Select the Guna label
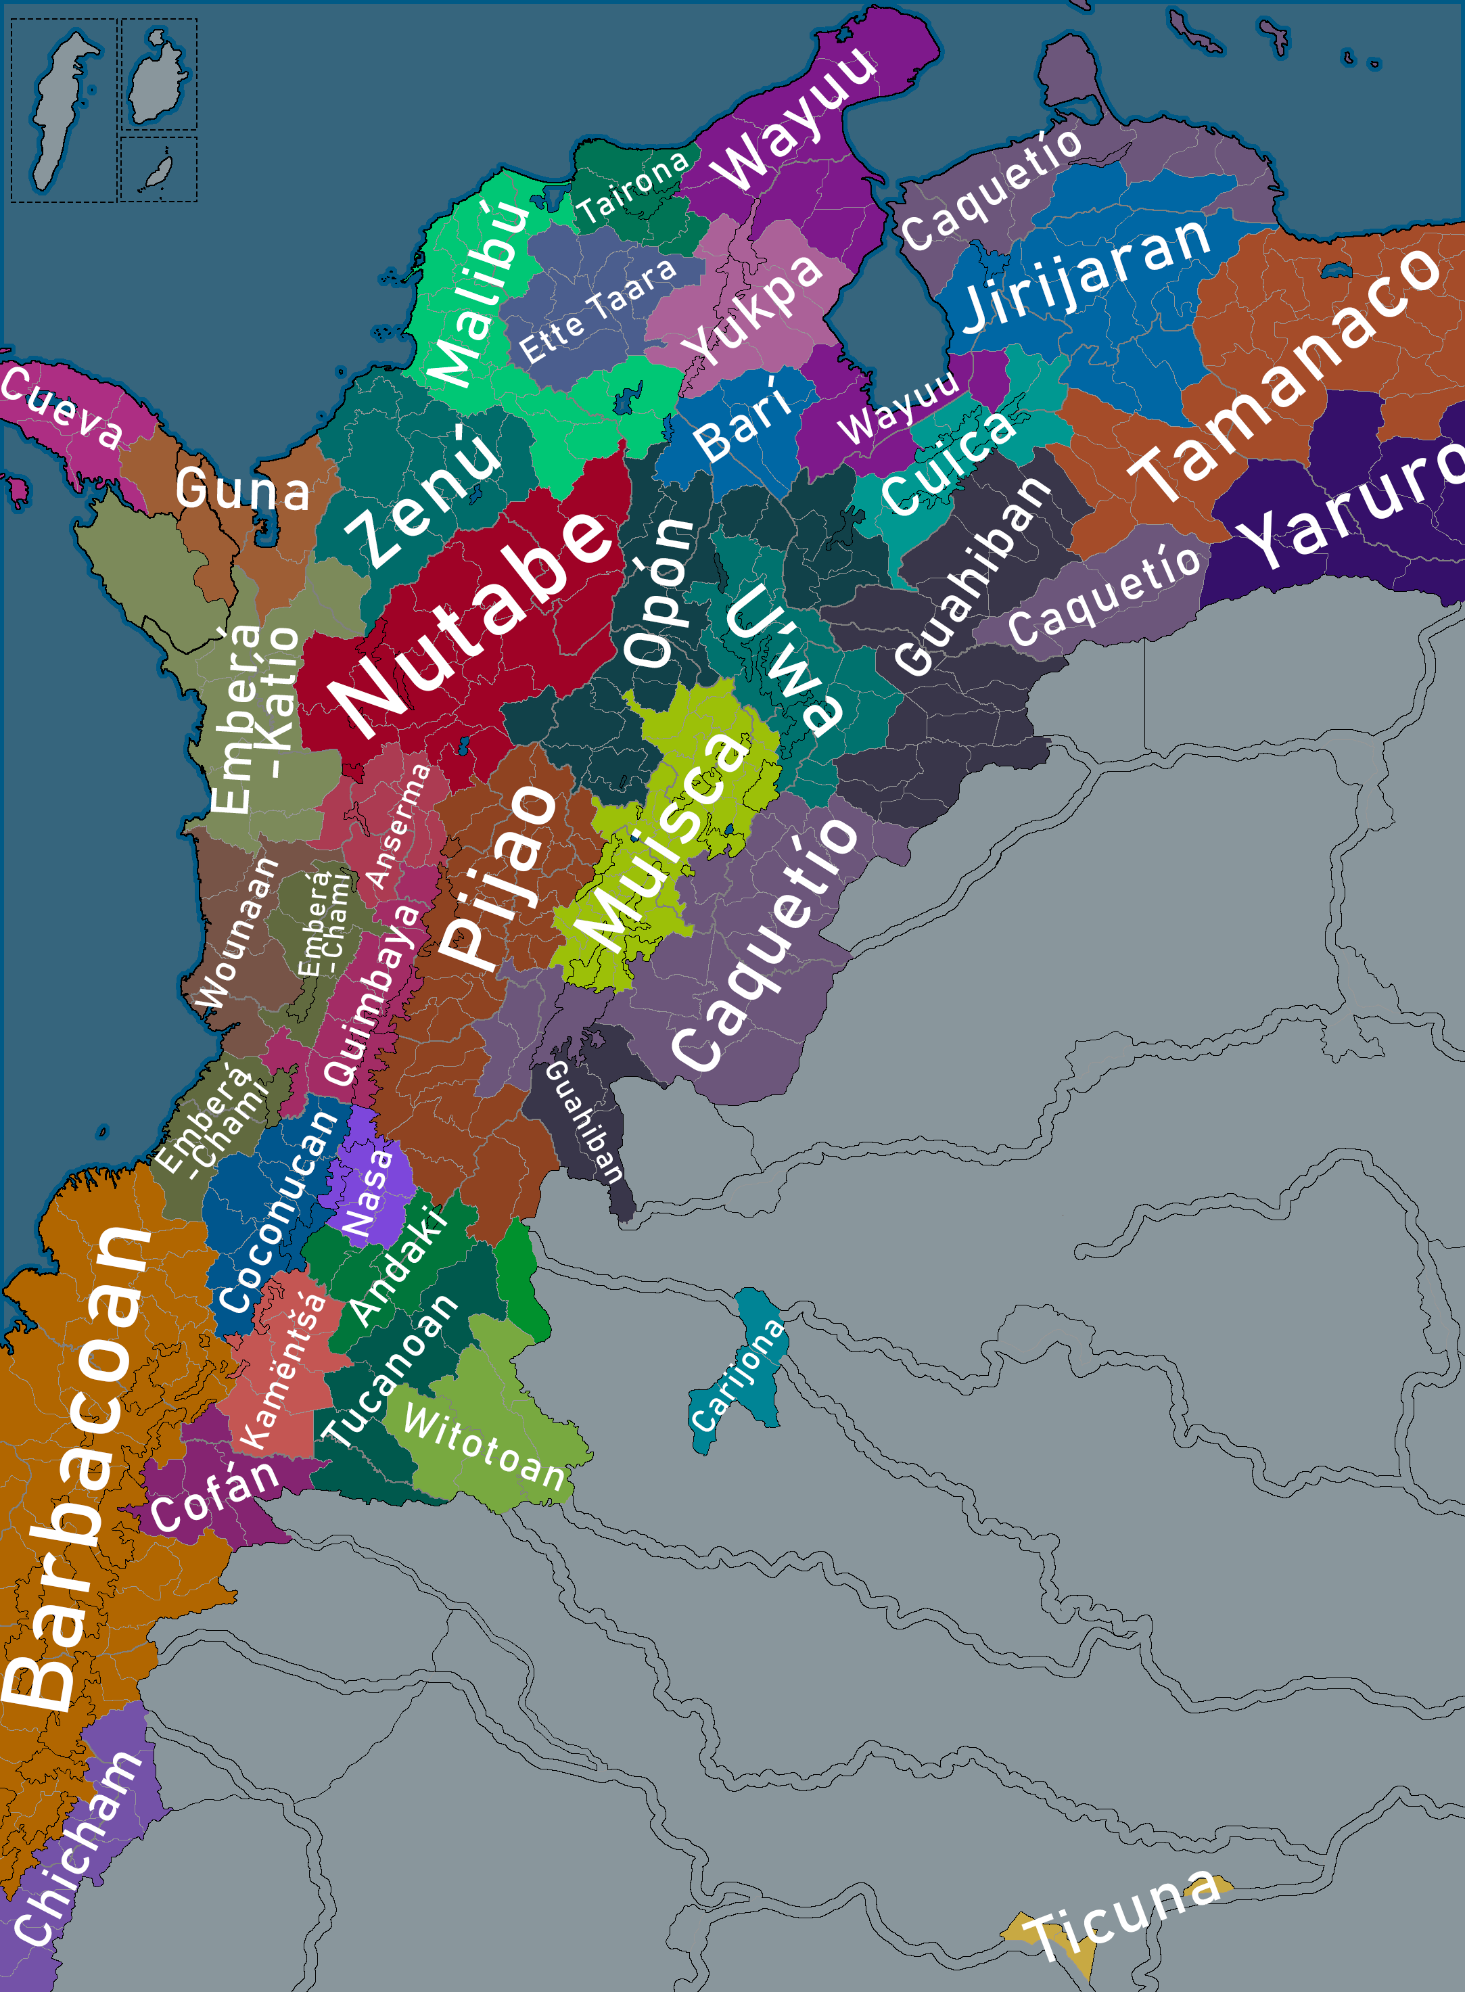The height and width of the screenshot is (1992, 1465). point(242,490)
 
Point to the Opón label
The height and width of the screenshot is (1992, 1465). point(659,593)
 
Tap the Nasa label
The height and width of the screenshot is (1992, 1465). point(368,1194)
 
